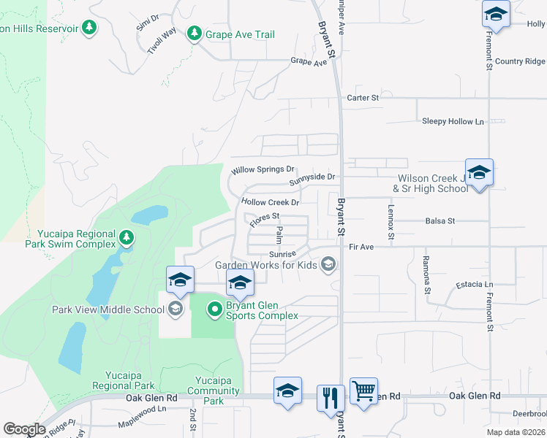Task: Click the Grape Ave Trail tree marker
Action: point(194,34)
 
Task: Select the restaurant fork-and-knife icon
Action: point(331,397)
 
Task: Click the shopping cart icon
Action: point(363,391)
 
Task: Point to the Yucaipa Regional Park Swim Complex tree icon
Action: point(127,238)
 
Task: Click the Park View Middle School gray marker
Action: point(175,309)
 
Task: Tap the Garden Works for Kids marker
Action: point(328,264)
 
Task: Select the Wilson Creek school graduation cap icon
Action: point(479,173)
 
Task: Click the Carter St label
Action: point(363,97)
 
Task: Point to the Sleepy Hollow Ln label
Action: point(453,121)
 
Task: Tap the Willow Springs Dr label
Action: point(263,170)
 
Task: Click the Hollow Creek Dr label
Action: point(271,202)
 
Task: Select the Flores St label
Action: point(265,218)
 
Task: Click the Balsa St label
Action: point(440,220)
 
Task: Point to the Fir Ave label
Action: point(361,247)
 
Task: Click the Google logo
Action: point(24,429)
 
